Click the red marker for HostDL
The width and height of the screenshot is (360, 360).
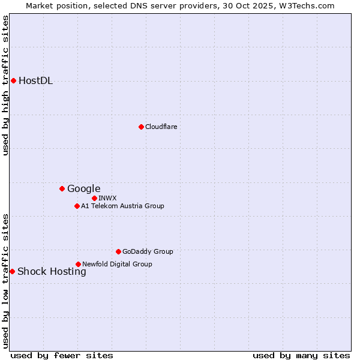pos(13,80)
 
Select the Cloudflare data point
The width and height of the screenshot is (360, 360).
pos(141,127)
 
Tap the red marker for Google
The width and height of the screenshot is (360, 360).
pos(62,188)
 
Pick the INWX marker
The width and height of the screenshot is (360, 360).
pos(94,198)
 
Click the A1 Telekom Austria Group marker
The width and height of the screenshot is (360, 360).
pos(77,206)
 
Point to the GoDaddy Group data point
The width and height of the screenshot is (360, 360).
pos(118,251)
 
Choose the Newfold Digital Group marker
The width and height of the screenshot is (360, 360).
pos(78,264)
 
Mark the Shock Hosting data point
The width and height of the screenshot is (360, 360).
pos(12,271)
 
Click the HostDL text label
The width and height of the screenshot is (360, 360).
pos(36,81)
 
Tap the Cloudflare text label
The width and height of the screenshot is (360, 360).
pos(161,127)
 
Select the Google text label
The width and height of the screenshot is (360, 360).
pos(84,189)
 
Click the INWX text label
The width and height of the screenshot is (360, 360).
pos(107,198)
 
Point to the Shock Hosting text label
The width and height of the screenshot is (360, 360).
pos(52,272)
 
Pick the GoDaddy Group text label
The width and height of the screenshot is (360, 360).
pos(148,252)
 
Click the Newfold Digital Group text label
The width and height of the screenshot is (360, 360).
pos(117,264)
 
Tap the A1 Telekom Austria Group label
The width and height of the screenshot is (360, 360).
pos(122,206)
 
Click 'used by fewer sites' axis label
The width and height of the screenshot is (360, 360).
pos(62,355)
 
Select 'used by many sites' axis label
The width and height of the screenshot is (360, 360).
pos(301,355)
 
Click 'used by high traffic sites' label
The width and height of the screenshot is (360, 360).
pos(5,85)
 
